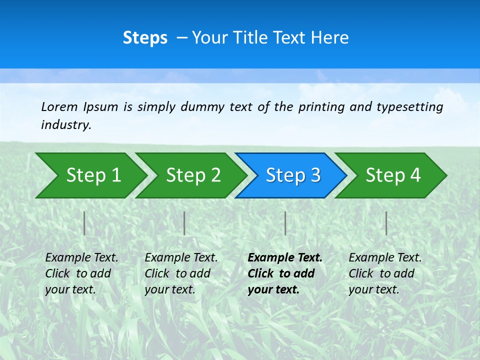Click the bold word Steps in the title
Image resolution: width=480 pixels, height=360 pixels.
point(145,38)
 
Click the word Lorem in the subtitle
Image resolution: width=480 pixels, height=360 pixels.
point(59,107)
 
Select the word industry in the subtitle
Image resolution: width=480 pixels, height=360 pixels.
point(66,125)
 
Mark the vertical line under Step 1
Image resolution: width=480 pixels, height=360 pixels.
point(84,223)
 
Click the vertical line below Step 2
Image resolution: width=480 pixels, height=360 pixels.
point(184,223)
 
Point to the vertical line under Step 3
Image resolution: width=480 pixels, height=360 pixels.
point(285,223)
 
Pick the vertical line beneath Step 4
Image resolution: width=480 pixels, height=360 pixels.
point(386,223)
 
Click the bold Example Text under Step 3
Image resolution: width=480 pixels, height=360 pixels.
point(285,258)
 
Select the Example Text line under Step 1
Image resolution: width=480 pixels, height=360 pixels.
point(81,258)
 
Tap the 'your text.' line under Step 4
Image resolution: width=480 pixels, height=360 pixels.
point(373,289)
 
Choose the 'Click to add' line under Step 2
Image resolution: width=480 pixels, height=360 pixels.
point(177,273)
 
